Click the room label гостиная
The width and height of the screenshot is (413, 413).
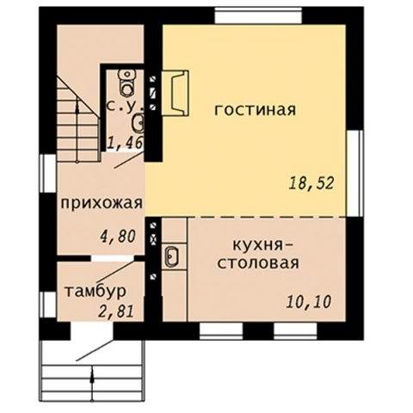255,110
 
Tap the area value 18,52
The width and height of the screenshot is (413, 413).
311,183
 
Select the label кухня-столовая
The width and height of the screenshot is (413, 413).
258,255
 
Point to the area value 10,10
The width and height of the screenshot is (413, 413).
309,302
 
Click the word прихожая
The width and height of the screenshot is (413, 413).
102,204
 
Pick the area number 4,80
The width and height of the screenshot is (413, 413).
117,237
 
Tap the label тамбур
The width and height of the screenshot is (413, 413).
96,292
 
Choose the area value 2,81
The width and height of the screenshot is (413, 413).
116,311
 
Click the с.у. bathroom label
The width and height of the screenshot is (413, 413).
125,106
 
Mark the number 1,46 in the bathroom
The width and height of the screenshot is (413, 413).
125,143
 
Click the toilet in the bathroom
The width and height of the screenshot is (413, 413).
127,83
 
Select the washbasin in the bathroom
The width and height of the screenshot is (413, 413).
139,123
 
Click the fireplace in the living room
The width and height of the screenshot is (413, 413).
176,93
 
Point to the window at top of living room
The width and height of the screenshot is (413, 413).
258,15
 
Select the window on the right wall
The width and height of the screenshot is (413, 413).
354,173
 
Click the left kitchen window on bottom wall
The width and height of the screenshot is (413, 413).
221,331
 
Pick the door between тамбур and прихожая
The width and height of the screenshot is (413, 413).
113,258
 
